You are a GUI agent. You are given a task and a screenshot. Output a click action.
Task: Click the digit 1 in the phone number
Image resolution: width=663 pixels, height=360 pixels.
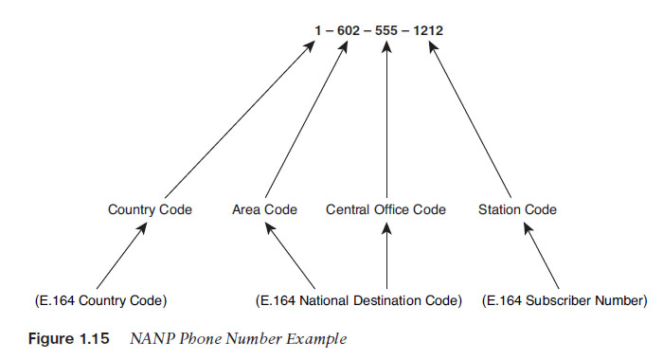(x=318, y=30)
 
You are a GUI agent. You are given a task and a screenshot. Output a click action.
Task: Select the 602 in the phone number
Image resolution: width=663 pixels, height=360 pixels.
(x=347, y=30)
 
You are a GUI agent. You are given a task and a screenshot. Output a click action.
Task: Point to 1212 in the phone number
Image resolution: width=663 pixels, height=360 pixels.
(x=430, y=30)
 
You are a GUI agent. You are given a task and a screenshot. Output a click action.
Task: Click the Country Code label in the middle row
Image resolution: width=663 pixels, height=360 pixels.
(x=150, y=209)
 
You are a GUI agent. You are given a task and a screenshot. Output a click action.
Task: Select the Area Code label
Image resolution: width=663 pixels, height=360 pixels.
(x=264, y=209)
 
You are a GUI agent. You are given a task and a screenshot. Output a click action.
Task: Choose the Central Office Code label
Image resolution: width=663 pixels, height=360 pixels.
(x=386, y=209)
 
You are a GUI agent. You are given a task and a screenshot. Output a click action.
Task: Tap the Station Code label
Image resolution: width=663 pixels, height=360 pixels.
(x=517, y=209)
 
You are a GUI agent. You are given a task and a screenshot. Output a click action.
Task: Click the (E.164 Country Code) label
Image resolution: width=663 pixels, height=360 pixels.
(x=99, y=301)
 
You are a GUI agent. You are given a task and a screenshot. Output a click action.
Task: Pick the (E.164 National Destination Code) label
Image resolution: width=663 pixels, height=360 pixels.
(x=359, y=301)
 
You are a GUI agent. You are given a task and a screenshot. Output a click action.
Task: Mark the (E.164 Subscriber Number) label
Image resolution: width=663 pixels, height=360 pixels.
(x=564, y=301)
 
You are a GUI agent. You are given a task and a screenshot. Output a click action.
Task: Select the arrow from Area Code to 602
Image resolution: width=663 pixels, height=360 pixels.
(x=304, y=118)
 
